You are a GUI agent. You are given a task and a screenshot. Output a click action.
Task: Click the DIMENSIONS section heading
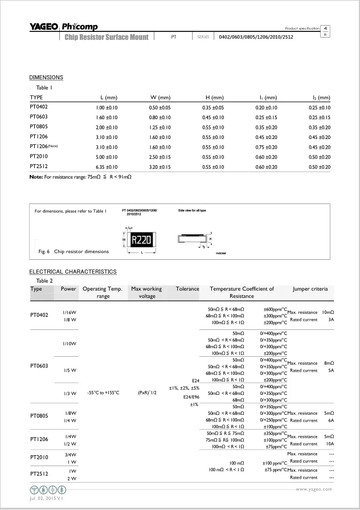tap(46, 77)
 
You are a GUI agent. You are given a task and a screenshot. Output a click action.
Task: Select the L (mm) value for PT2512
tap(106, 166)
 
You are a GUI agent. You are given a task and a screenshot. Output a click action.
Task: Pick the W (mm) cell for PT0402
tap(159, 107)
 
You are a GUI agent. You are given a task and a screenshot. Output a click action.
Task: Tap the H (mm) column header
tap(213, 97)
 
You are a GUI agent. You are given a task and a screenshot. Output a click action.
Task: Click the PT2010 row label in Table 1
tap(39, 156)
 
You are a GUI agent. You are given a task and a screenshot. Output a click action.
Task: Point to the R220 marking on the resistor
tap(141, 240)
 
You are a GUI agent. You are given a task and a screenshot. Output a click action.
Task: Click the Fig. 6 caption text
tap(73, 251)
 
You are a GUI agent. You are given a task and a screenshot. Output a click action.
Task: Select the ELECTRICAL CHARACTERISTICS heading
tap(73, 272)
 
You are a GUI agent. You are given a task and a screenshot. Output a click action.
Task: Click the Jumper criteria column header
tap(310, 289)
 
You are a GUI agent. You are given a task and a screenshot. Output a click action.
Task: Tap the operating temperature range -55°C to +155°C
tap(103, 393)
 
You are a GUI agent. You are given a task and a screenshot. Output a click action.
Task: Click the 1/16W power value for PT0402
tap(69, 312)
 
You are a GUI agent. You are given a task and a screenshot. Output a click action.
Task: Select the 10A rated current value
tap(329, 443)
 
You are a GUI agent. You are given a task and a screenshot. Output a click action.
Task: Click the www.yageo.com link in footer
tap(313, 489)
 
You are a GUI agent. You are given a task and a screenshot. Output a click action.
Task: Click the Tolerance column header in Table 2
tap(187, 289)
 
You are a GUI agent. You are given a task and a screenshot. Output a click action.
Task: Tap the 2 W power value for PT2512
tap(72, 478)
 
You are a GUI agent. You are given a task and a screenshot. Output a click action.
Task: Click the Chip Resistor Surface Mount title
tap(107, 38)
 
